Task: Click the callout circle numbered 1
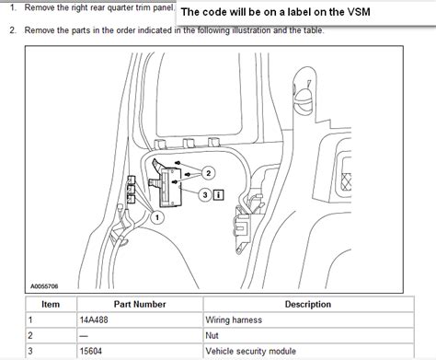[157, 217]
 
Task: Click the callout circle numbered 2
[209, 172]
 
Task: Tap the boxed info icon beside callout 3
[218, 194]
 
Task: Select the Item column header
[51, 304]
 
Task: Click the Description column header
[308, 304]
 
